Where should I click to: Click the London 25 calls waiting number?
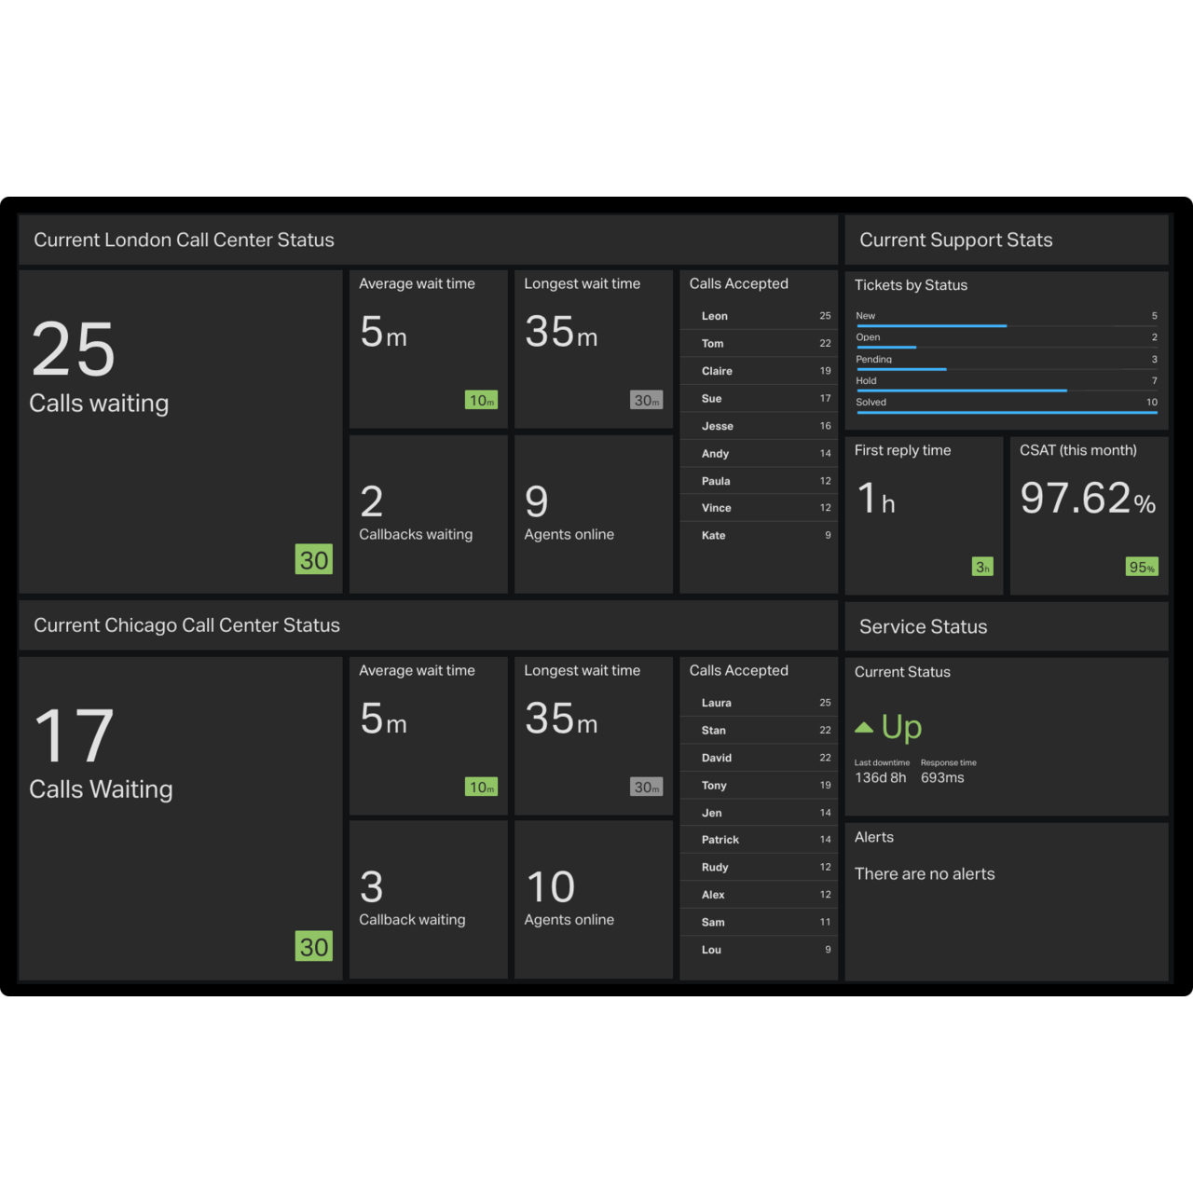point(74,350)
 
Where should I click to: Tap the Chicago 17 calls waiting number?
point(74,736)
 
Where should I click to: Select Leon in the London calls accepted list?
point(715,316)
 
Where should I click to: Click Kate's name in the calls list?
point(714,536)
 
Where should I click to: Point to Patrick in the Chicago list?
point(720,840)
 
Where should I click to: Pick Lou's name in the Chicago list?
point(711,950)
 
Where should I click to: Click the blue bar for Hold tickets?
point(961,391)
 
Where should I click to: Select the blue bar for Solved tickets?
point(1007,412)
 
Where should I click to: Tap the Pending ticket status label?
point(874,359)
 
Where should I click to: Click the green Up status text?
point(901,727)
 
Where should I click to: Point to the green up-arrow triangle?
point(864,727)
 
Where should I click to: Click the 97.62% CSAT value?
point(1087,499)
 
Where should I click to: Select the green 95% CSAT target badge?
point(1142,567)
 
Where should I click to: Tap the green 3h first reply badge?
point(982,567)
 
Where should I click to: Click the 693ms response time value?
point(942,777)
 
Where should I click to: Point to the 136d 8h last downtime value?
point(880,777)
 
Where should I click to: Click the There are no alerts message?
point(925,874)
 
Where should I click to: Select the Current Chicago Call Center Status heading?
point(186,625)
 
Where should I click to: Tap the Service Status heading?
point(923,627)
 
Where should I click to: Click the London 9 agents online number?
point(537,501)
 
